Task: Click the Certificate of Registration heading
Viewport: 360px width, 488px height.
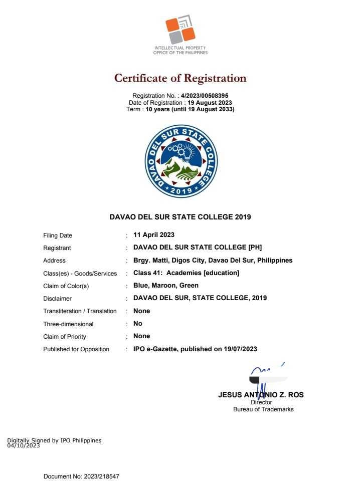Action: (x=180, y=78)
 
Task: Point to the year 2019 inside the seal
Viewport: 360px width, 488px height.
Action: (x=181, y=191)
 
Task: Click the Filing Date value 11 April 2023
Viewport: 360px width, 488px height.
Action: (x=153, y=235)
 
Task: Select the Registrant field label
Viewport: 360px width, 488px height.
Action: (x=57, y=248)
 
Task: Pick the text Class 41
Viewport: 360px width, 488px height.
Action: (x=147, y=273)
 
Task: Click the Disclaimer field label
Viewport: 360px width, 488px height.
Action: (x=57, y=299)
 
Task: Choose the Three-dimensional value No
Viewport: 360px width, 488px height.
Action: (x=138, y=324)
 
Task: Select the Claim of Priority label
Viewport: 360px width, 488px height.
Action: (x=65, y=336)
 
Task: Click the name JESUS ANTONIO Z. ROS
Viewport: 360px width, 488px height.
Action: (x=261, y=395)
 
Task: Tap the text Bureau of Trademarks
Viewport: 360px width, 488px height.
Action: (x=263, y=409)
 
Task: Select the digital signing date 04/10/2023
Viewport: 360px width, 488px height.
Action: (x=23, y=445)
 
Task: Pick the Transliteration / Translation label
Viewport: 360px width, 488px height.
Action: (x=80, y=311)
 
